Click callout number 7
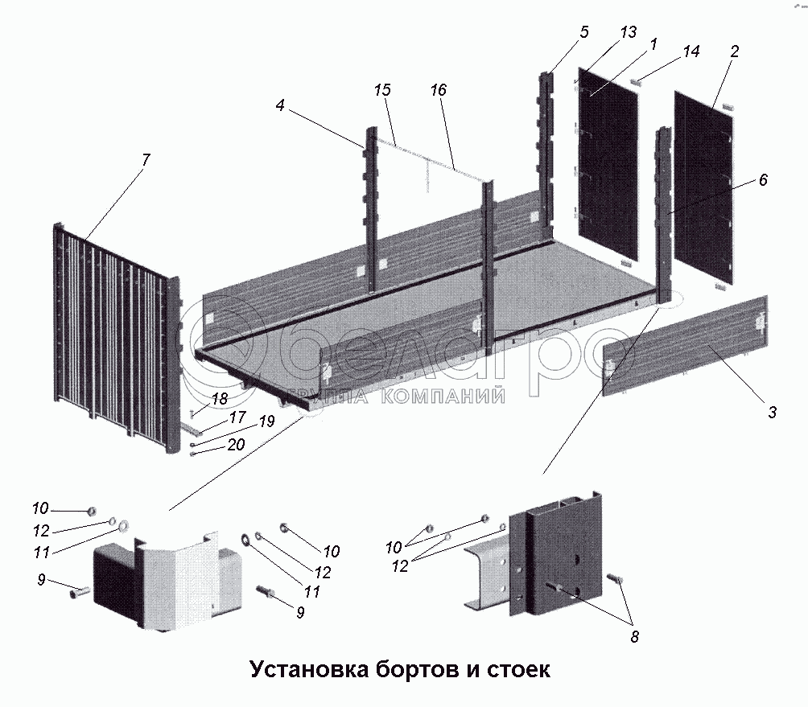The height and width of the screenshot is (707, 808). click(145, 159)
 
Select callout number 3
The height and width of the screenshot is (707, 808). click(771, 413)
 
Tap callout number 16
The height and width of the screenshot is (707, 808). click(438, 90)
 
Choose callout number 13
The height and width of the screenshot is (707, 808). click(629, 32)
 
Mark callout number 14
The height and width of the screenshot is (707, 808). click(691, 51)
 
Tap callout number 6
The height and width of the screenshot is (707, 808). click(762, 180)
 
